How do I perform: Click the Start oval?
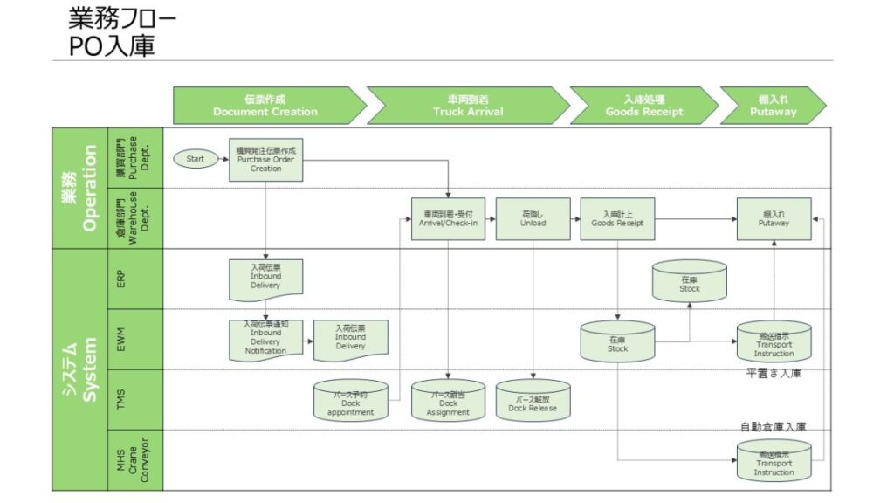click(196, 159)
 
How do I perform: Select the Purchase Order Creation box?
click(266, 160)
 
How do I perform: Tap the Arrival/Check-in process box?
click(449, 218)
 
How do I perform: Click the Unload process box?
click(533, 218)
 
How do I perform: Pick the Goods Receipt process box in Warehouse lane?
click(617, 218)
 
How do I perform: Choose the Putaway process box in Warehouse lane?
click(774, 218)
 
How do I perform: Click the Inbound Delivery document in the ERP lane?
click(266, 277)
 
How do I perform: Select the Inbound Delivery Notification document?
click(266, 339)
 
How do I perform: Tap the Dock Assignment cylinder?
click(449, 399)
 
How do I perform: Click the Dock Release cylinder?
click(533, 400)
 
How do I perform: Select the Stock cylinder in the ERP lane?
click(690, 281)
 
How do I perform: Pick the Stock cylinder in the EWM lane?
click(617, 341)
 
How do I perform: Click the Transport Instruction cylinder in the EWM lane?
click(774, 341)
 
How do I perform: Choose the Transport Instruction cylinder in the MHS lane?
click(774, 460)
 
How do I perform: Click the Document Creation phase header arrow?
click(265, 106)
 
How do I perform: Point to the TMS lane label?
click(121, 399)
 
